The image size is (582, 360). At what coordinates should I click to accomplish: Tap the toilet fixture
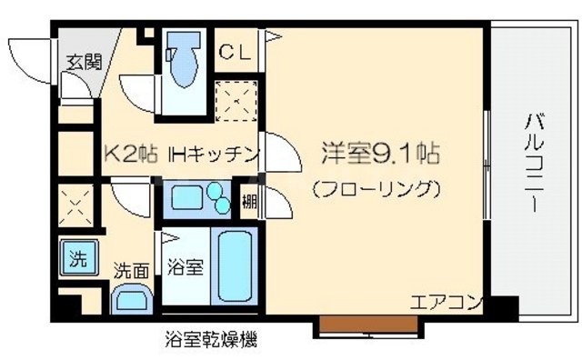point(187,62)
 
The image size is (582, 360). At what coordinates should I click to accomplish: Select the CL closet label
point(235,51)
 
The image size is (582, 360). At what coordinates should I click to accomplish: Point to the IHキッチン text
point(216,154)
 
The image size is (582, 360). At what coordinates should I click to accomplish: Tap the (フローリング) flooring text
point(376,190)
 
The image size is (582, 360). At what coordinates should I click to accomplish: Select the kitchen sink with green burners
point(200,198)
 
